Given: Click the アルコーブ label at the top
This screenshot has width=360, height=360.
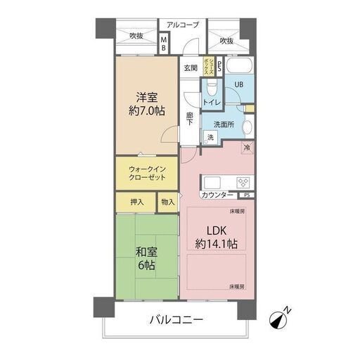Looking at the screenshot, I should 183,25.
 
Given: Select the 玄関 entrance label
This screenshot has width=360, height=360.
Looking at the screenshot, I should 190,67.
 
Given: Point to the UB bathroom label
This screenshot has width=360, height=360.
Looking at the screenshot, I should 238,84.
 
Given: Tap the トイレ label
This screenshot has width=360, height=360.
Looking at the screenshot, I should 212,103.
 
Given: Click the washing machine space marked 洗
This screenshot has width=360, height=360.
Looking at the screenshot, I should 210,137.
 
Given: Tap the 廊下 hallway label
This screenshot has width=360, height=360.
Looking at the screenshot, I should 190,118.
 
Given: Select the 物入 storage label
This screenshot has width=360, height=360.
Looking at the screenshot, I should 167,202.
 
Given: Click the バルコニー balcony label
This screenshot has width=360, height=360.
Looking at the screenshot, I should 176,320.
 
